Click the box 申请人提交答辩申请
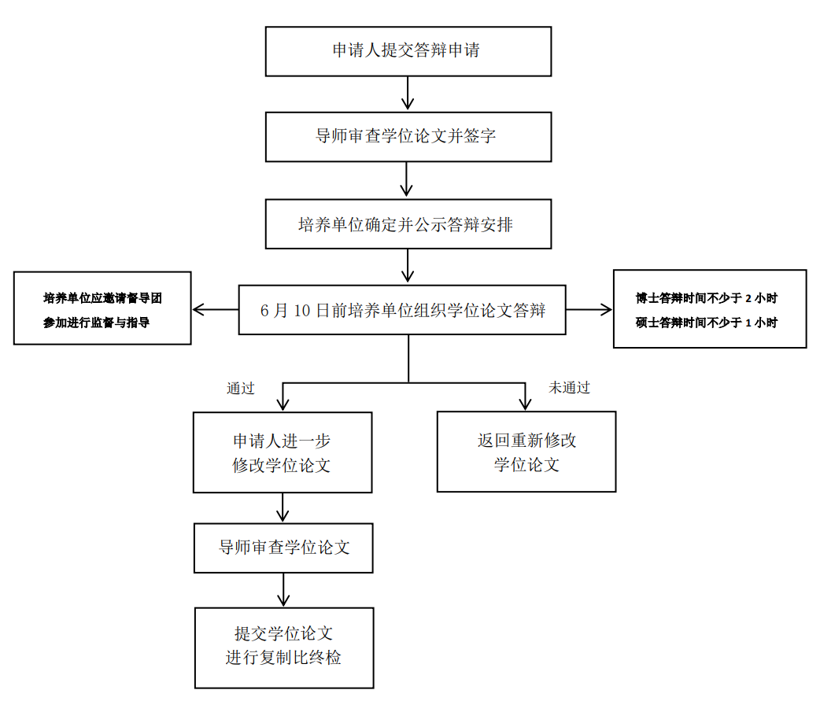408,51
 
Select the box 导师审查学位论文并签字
408,136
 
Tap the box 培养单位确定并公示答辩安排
408,224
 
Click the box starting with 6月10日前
402,309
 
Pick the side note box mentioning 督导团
102,308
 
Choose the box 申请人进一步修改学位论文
283,452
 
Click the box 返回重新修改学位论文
526,452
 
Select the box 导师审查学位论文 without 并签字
283,548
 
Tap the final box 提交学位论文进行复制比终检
283,647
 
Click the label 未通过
569,388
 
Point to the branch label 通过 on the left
241,388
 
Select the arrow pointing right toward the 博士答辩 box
589,309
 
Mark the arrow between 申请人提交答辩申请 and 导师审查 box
407,94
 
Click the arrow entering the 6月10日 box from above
407,267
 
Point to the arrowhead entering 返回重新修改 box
525,403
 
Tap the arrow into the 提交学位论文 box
283,591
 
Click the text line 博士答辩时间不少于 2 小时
708,299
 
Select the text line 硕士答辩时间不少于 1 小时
708,323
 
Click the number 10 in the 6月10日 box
304,310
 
